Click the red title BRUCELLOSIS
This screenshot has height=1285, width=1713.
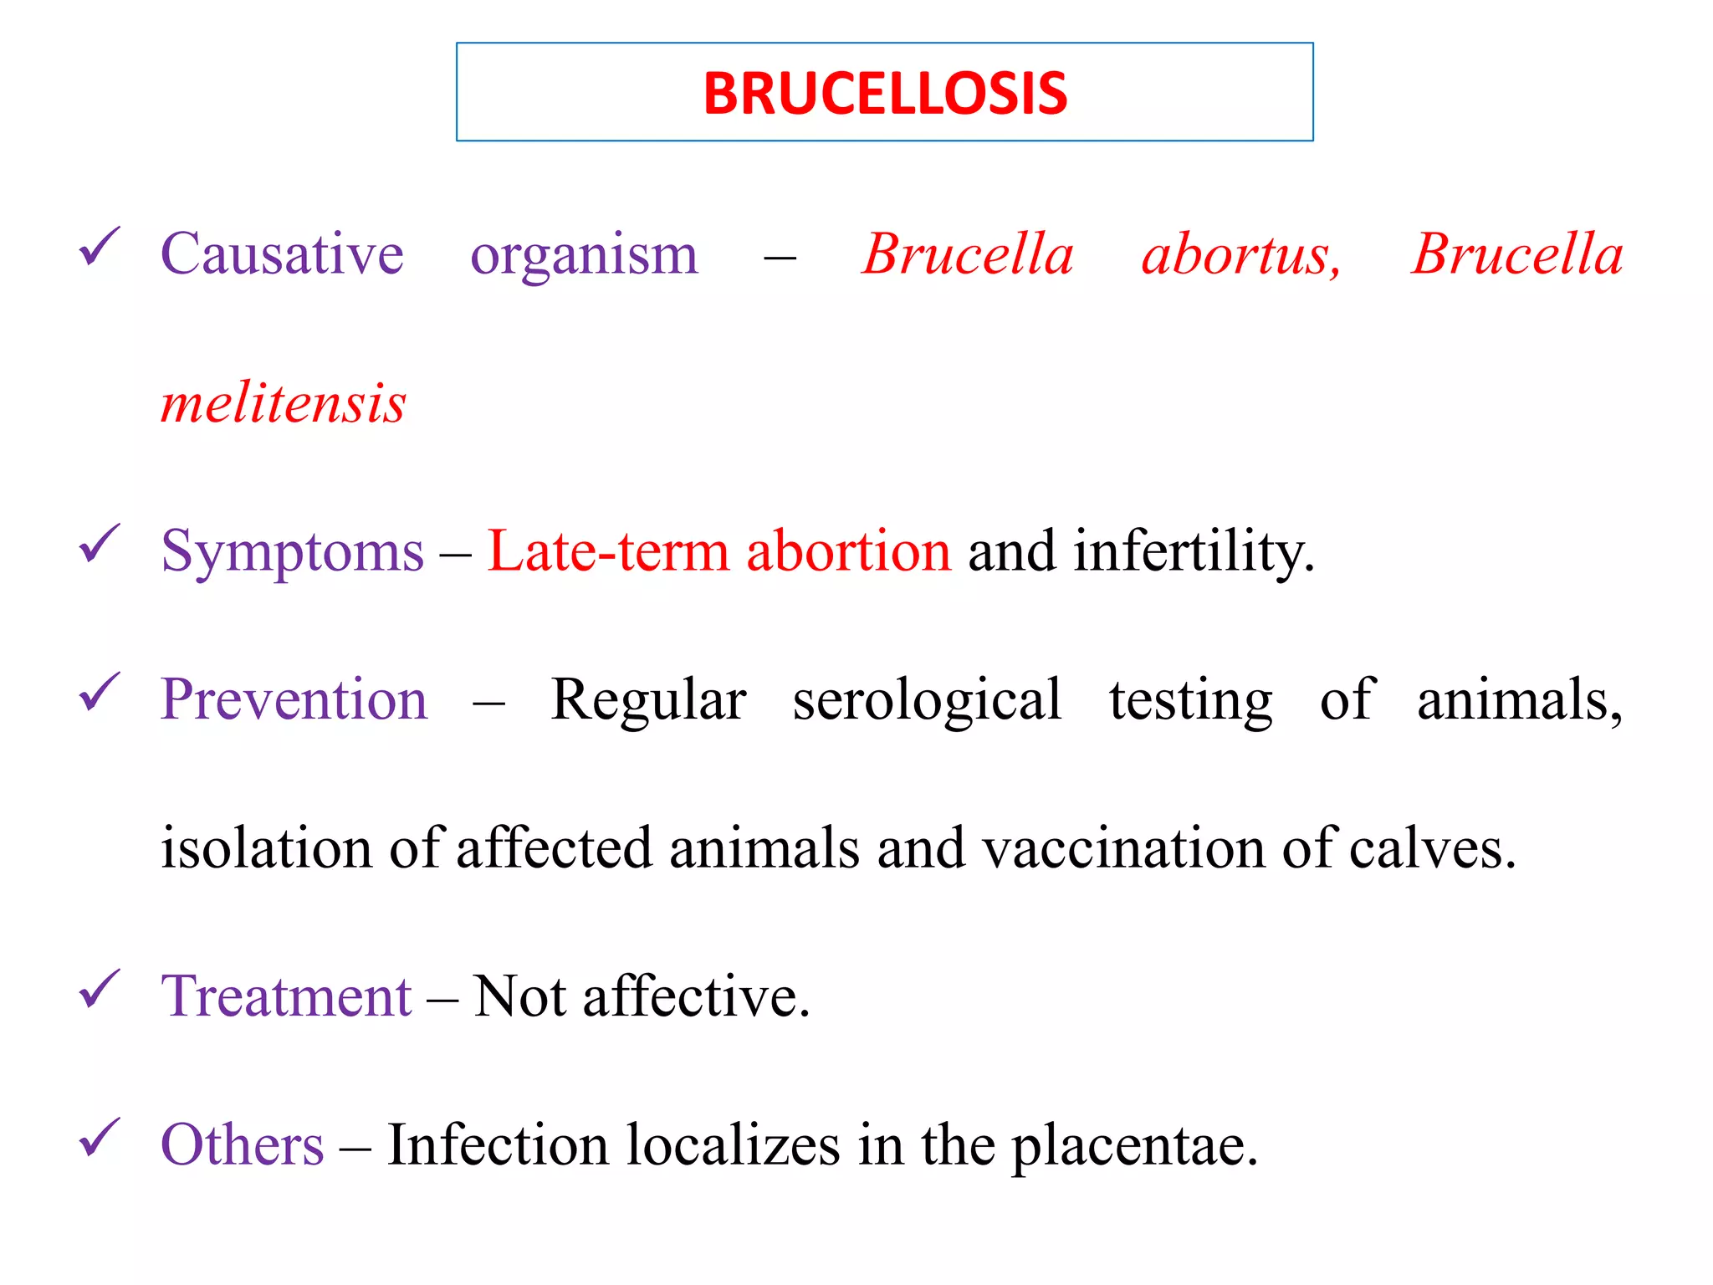point(885,93)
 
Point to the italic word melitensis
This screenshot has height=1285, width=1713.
point(283,403)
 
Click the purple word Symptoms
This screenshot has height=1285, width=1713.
point(292,552)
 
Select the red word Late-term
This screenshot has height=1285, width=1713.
point(608,551)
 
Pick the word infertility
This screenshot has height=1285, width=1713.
point(1194,552)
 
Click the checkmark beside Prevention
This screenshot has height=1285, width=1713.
point(99,693)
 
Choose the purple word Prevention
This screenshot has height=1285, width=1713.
point(294,699)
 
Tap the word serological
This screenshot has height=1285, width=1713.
point(927,699)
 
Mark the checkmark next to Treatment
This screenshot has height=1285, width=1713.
point(99,990)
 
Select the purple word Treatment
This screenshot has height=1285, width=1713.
point(286,996)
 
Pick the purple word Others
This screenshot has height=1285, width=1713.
point(242,1145)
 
